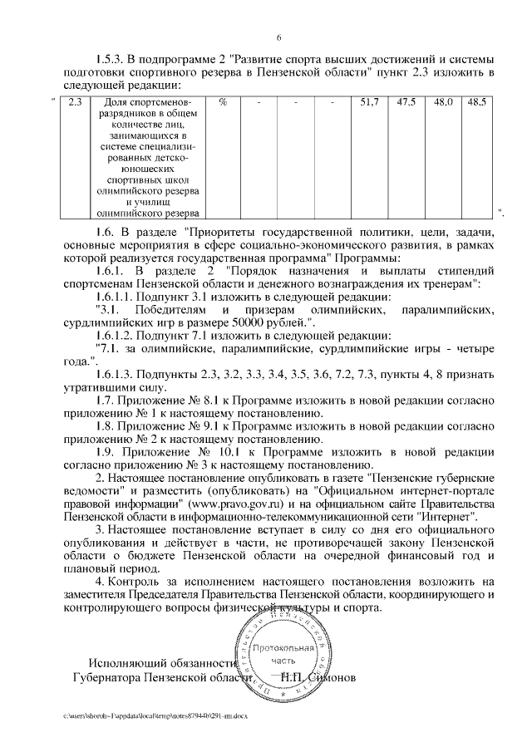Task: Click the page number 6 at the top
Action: click(x=278, y=37)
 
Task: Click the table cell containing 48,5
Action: click(x=478, y=103)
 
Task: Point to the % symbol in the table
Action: click(x=223, y=103)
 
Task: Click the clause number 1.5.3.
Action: click(x=112, y=59)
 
